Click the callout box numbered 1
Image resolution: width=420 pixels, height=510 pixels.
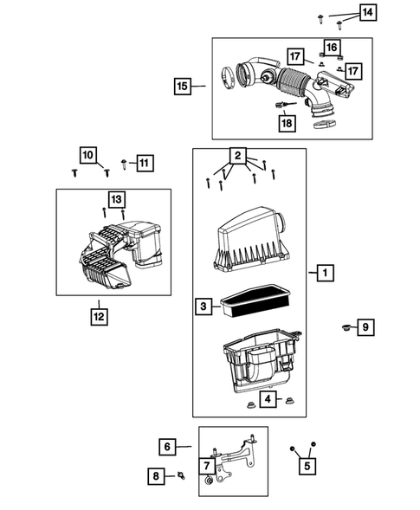[x=324, y=274]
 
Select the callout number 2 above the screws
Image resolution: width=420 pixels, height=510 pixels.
[x=235, y=157]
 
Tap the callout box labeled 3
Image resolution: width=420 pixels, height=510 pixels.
[x=202, y=306]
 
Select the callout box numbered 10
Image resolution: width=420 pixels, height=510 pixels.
[x=88, y=156]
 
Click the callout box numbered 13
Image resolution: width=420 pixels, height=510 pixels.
[x=116, y=197]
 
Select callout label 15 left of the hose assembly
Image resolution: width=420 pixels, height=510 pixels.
[x=183, y=86]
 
